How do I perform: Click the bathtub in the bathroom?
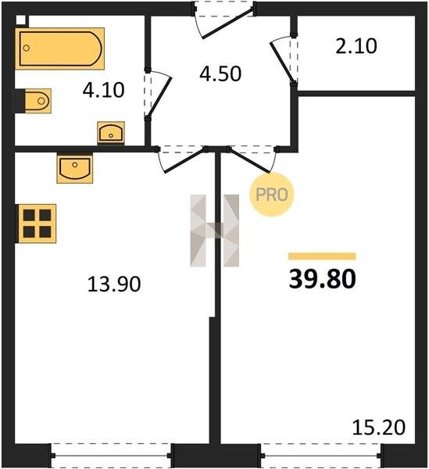click(x=60, y=48)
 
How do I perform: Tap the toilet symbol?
click(x=34, y=101)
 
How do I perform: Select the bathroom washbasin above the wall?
click(x=111, y=133)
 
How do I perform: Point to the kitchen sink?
click(x=75, y=168)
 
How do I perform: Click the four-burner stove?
click(x=36, y=224)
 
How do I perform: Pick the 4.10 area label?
click(x=103, y=90)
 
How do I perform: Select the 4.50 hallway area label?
click(x=220, y=73)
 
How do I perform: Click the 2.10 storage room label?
click(x=356, y=46)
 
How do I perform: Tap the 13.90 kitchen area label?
click(x=114, y=284)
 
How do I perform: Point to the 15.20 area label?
click(x=379, y=428)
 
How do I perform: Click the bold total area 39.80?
click(x=322, y=279)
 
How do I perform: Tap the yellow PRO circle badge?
click(x=272, y=195)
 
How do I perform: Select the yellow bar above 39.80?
click(x=322, y=256)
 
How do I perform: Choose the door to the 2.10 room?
click(x=284, y=60)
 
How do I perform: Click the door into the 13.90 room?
click(x=181, y=159)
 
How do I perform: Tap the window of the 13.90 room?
click(x=111, y=456)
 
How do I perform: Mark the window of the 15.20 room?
click(x=321, y=456)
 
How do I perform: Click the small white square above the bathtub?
click(x=21, y=20)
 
